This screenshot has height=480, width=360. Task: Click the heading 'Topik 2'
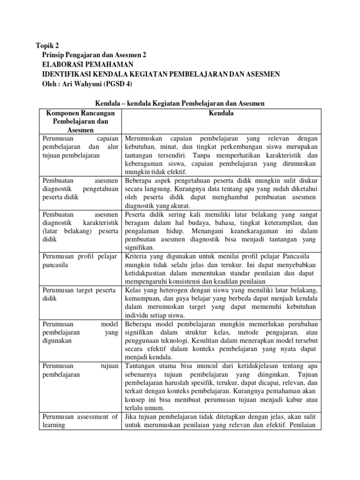pos(48,45)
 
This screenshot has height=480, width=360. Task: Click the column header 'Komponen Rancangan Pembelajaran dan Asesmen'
pos(81,121)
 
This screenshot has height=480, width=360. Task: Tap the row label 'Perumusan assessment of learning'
pos(80,421)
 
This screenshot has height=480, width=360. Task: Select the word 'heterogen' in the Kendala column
pos(159,290)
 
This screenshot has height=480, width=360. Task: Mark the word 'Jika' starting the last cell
pos(130,416)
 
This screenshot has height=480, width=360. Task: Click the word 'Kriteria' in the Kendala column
pos(136,256)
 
